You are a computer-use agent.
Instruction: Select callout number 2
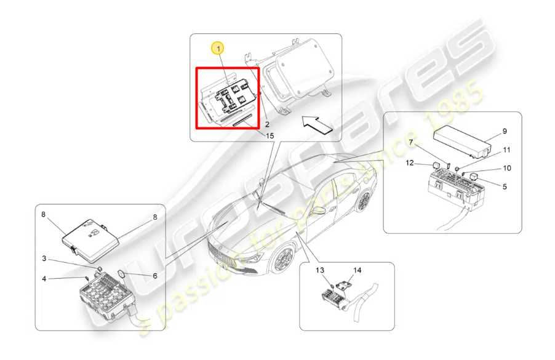coord(267,124)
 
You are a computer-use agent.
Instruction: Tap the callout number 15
coord(270,136)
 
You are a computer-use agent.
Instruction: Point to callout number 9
coord(505,131)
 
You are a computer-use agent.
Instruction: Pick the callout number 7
coord(411,142)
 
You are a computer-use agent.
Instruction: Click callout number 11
coord(507,150)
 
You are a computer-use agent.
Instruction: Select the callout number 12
coord(410,163)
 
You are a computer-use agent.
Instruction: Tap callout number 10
coord(507,168)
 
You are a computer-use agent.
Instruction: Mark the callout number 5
coord(505,186)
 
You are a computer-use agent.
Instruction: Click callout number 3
coord(44,258)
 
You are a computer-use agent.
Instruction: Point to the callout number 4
coord(44,279)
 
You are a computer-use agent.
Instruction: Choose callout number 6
coord(154,276)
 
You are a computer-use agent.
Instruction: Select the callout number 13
coord(320,270)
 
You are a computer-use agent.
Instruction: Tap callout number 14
coord(357,270)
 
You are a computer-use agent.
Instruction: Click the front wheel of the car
coord(284,258)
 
